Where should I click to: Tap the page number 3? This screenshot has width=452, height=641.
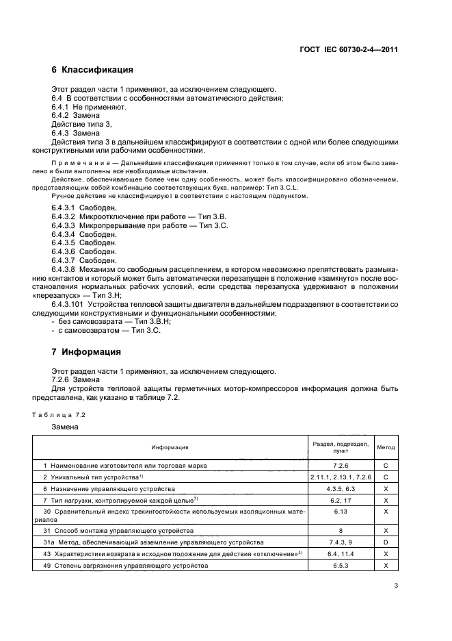coord(396,585)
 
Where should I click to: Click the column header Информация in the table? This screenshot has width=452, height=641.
coord(170,447)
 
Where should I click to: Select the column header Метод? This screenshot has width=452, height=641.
coord(386,447)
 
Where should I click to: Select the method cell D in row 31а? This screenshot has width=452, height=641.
coord(386,542)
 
